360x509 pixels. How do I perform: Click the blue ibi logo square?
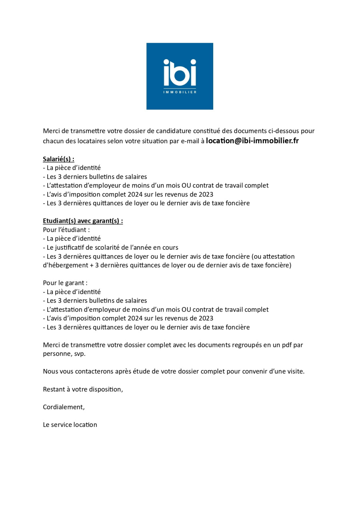point(180,76)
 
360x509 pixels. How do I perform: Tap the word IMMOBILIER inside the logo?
point(180,92)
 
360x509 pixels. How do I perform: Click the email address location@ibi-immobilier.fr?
point(252,141)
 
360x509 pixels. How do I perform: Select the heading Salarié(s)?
point(58,159)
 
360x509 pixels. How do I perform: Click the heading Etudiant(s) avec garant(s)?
point(83,221)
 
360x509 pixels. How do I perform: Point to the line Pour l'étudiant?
point(66,230)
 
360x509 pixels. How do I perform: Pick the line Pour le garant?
point(65,283)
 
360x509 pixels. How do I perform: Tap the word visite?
point(295,371)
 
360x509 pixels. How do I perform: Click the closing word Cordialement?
point(64,407)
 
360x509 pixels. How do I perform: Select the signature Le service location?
point(70,425)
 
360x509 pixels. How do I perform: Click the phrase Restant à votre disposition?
point(83,389)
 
